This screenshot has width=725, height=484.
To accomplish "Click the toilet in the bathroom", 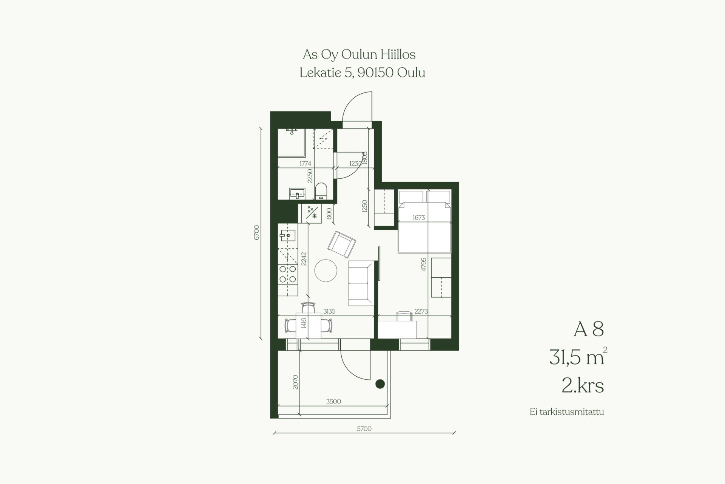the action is click(321, 191).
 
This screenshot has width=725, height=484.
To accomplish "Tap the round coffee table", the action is click(326, 271).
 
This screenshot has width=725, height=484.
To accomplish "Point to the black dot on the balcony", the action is click(380, 384).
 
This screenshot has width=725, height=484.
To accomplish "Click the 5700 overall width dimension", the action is click(364, 428).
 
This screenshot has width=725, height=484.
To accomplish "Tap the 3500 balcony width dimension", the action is click(333, 401).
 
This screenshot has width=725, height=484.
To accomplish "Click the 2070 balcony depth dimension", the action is click(295, 382).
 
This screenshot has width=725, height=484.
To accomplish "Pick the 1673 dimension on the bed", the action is click(419, 217).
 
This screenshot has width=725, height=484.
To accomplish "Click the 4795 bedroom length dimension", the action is click(423, 264).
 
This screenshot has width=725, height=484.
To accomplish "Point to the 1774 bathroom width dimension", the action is click(305, 164).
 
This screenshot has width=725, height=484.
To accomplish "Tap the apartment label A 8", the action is click(589, 329).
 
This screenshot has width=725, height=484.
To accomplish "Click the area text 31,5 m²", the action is click(578, 356).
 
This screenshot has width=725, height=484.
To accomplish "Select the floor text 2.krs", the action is click(583, 386).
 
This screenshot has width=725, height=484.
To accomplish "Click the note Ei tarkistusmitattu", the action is click(567, 412).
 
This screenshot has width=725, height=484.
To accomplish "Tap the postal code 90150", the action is click(375, 73).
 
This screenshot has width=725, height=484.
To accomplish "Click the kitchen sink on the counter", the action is click(288, 235).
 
